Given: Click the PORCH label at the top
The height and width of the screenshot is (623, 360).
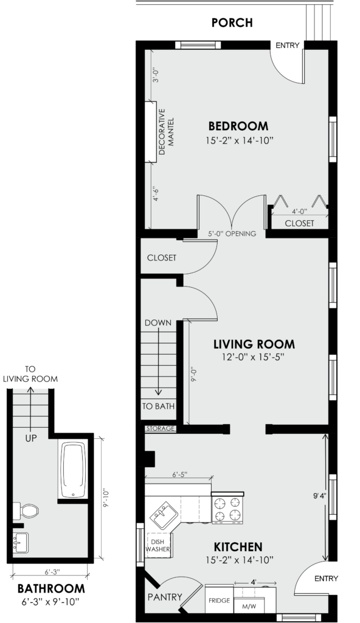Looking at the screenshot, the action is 232,23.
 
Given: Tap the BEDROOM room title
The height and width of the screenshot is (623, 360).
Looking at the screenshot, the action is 238,126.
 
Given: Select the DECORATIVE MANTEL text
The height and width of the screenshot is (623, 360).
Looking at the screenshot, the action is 167,132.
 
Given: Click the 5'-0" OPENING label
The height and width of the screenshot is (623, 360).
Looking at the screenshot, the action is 232,234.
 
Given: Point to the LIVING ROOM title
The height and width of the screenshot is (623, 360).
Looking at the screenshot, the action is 254,344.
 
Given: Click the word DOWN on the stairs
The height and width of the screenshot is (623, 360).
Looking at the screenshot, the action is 158,322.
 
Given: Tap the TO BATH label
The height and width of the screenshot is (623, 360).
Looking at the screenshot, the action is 158,406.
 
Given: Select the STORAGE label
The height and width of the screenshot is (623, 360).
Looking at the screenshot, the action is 161,428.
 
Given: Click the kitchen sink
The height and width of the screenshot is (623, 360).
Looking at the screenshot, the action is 164,515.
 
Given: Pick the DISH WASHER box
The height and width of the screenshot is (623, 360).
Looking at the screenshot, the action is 158,545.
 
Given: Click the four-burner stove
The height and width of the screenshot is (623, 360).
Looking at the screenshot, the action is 227,507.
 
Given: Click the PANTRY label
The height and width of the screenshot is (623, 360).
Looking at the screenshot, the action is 165,597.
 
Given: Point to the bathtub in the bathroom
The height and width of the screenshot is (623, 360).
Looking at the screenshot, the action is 73,470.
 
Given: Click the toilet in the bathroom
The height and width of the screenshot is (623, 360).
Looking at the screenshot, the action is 26,511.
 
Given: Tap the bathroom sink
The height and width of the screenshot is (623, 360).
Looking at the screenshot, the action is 20,543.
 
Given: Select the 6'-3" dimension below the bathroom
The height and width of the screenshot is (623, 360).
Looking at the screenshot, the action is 50,572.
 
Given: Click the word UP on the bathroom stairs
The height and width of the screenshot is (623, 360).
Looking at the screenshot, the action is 31,439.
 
